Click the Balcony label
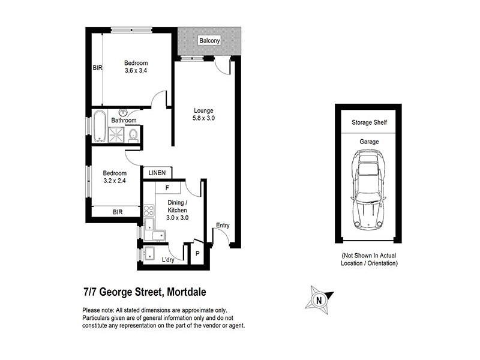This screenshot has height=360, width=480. [x=210, y=41]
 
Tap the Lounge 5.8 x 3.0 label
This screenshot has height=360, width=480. [x=204, y=114]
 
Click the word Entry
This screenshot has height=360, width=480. [x=223, y=226]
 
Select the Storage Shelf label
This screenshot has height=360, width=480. [x=368, y=123]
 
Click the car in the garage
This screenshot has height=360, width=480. [x=368, y=189]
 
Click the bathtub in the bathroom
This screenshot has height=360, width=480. [x=99, y=127]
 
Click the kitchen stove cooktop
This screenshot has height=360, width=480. [x=149, y=211]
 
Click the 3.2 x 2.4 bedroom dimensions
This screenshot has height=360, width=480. [x=115, y=181]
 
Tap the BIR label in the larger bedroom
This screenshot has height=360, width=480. [x=97, y=68]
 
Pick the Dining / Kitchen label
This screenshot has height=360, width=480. [x=178, y=207]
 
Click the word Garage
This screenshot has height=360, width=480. [x=368, y=142]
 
